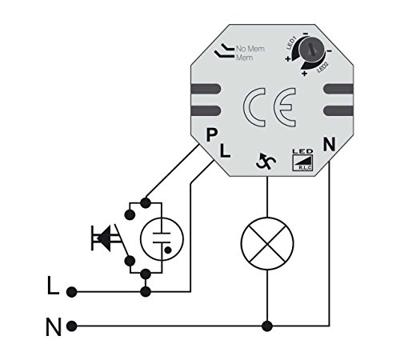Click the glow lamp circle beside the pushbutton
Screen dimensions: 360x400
click(x=160, y=238)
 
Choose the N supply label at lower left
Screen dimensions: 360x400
click(x=52, y=326)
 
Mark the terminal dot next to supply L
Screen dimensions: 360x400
click(x=72, y=291)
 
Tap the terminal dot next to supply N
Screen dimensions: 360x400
click(x=72, y=326)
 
